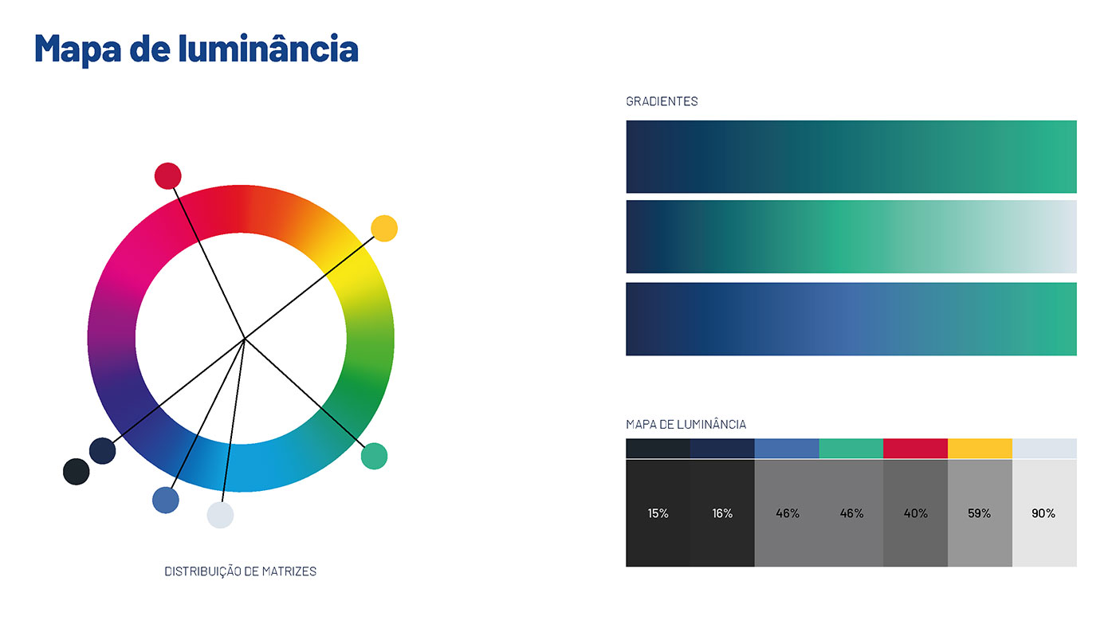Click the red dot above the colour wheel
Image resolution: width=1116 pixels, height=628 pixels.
pos(168,176)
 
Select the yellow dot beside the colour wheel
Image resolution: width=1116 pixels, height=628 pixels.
pos(384,229)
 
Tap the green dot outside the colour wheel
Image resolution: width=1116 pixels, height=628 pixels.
pos(374,456)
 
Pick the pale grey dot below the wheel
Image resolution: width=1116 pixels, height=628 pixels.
pos(220,515)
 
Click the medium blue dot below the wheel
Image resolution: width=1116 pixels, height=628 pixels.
pos(166,500)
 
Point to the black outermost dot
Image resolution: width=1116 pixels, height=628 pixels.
pos(77,472)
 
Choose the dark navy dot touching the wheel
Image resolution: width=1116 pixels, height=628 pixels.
pos(103,451)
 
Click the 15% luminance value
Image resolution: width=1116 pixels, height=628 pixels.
pos(658,513)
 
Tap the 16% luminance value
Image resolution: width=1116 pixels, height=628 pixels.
pos(722,513)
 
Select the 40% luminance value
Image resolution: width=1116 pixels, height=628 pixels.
pos(916,513)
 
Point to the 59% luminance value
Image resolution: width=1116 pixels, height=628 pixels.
pos(980,513)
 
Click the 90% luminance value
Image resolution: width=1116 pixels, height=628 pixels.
pos(1043,513)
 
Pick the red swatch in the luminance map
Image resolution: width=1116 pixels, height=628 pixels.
pos(916,448)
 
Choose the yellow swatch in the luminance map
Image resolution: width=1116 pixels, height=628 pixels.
pos(980,448)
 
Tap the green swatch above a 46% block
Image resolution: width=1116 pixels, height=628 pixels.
pos(851,448)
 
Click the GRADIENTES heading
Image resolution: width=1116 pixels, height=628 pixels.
pos(662,101)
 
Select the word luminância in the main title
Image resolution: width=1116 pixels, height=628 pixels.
pos(269,49)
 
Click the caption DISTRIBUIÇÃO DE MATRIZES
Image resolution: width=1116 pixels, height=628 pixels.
pos(241,571)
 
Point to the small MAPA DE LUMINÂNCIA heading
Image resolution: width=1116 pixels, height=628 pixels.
pos(686,424)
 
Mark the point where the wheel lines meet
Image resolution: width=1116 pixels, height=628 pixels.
pos(245,339)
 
